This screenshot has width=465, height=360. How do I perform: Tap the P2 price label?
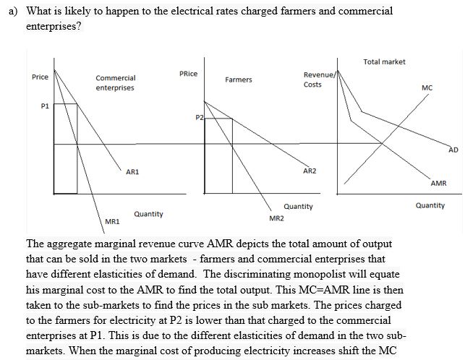point(200,117)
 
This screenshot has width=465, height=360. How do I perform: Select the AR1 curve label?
point(132,172)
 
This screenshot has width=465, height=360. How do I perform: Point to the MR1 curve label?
point(112,220)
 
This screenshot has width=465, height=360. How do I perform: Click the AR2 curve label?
point(310,171)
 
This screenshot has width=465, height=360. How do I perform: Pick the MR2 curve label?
point(276,218)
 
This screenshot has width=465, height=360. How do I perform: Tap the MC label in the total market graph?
point(427,87)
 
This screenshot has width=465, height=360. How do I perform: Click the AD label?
point(453,150)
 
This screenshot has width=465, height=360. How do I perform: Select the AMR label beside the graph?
point(438,184)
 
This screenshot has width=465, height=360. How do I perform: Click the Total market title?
point(384,62)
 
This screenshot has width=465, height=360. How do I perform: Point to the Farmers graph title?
point(239,80)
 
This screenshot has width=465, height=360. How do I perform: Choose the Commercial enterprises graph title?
point(115,82)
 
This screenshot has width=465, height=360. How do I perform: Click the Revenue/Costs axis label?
point(318,80)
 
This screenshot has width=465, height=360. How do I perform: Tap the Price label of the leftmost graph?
point(40,77)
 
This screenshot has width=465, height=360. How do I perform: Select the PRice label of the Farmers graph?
point(188,74)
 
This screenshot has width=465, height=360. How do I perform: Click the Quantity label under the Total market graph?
point(430,205)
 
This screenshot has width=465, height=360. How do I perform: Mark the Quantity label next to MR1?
point(148,214)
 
